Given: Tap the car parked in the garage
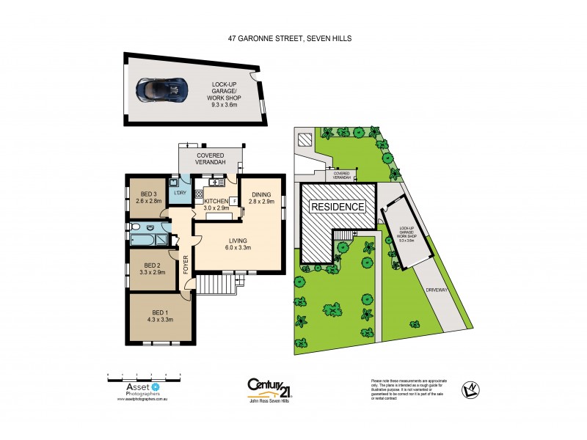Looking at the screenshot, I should point(162,89).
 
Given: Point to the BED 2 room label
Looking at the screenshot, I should point(153,265).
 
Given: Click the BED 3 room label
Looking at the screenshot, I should point(150,194).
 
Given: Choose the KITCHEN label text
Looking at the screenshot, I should point(216,200).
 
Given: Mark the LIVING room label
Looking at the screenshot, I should point(236,240).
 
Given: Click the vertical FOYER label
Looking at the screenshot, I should point(186,262).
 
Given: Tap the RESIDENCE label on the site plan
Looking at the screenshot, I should point(338,206).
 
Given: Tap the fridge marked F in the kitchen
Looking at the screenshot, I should point(234,200).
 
